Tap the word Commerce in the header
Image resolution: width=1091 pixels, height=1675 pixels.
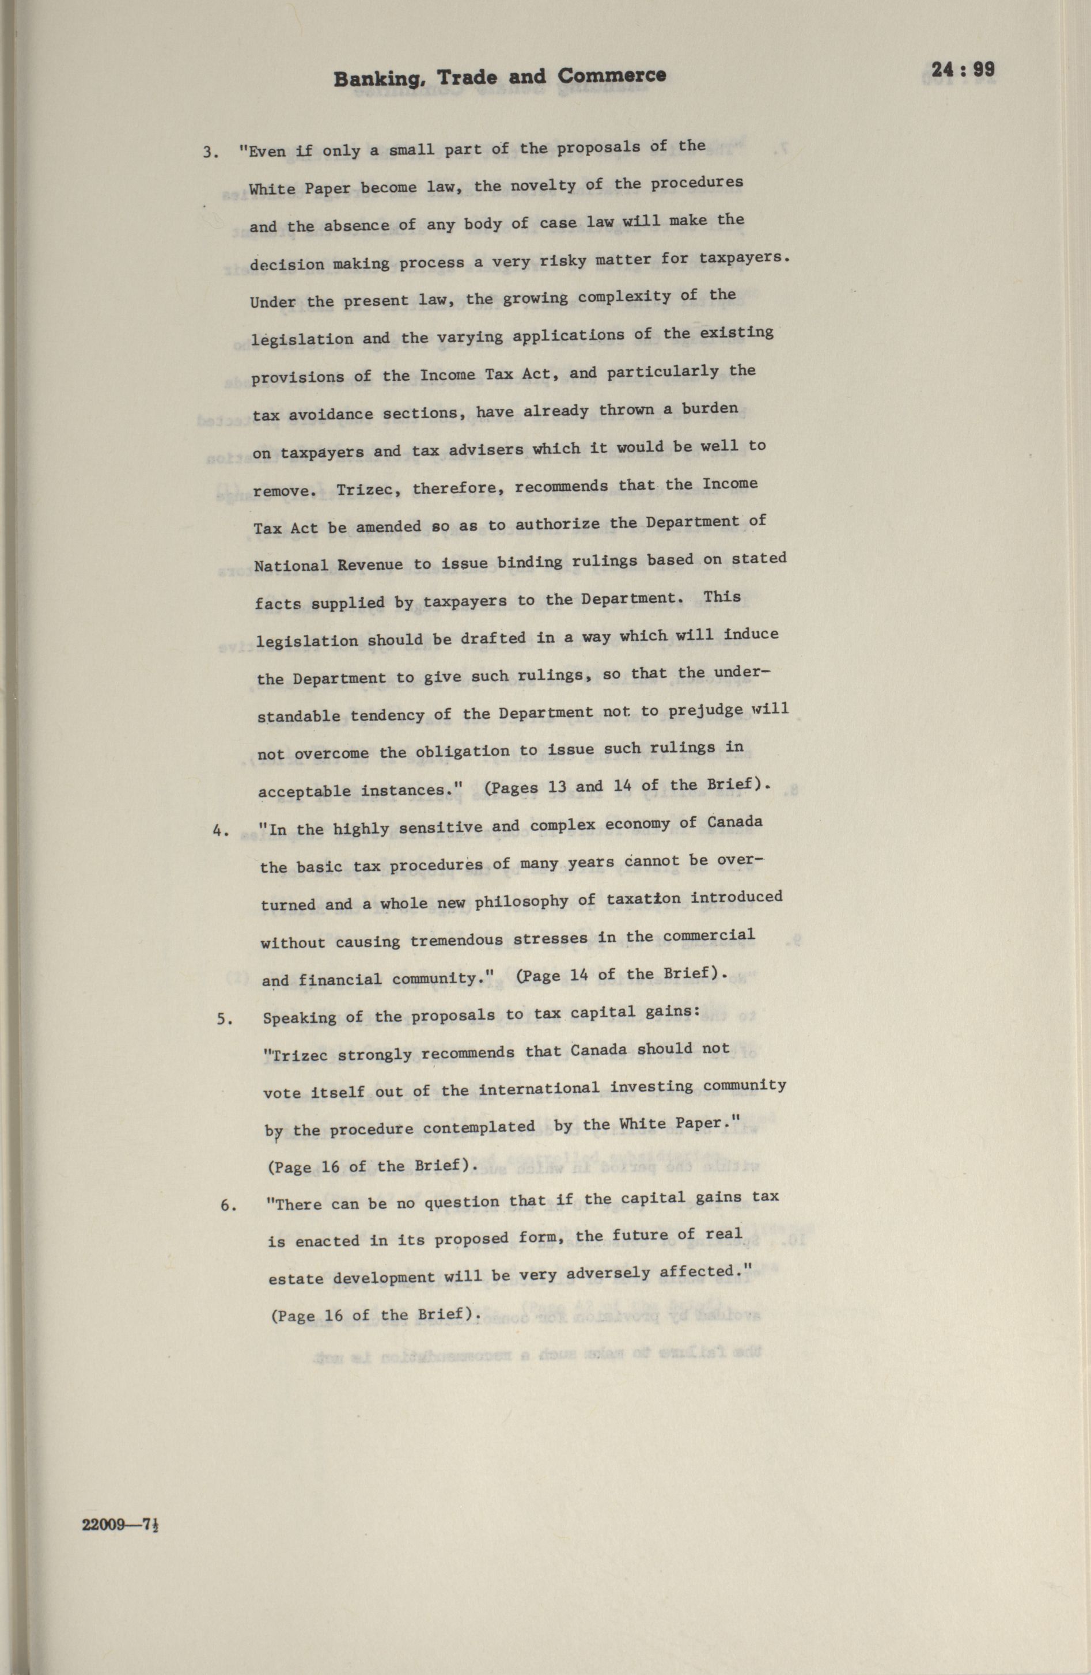point(612,75)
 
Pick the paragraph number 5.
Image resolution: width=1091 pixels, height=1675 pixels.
point(224,1019)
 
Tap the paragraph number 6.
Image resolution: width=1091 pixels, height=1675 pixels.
point(228,1206)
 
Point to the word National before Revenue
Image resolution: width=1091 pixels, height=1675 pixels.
point(291,565)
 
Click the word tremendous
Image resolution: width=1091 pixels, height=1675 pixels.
point(456,940)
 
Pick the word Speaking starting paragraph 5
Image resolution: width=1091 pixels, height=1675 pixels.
point(299,1018)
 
